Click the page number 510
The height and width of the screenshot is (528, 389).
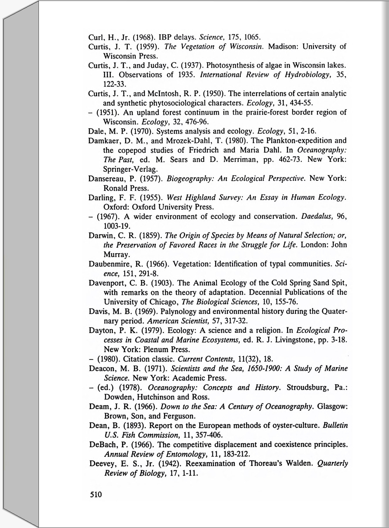coord(96,494)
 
